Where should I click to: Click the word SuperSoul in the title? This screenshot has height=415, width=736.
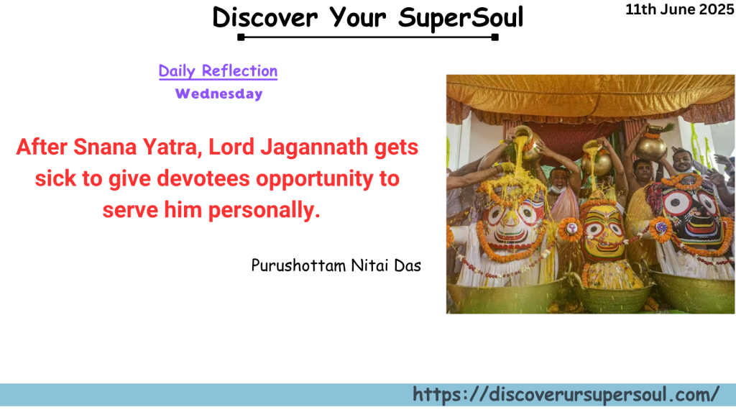461,17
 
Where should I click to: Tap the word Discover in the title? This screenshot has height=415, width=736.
266,17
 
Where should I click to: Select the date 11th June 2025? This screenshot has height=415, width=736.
679,9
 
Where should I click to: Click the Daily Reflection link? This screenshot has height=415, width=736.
218,70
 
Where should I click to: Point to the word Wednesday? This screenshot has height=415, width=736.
218,94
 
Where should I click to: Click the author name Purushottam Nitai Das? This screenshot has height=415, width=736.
336,265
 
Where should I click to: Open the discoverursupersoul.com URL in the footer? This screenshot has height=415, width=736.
566,394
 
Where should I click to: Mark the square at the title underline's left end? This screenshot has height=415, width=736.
241,37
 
